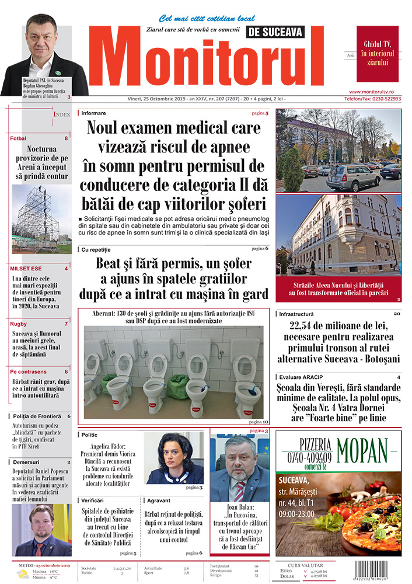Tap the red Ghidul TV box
(378, 53)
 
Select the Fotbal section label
(18, 138)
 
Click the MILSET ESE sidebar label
(26, 269)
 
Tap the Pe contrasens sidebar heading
(29, 371)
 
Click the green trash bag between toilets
(177, 386)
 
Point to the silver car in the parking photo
(345, 178)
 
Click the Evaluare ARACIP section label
(301, 377)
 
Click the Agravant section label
(159, 500)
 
